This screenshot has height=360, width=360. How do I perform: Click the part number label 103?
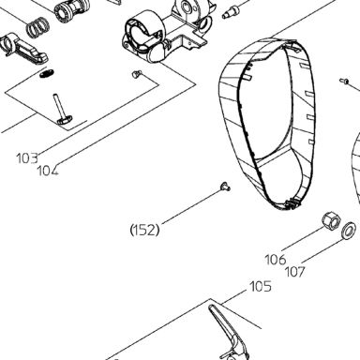point(27,158)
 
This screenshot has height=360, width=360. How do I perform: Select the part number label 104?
point(48,171)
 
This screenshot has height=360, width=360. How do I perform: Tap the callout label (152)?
point(144,231)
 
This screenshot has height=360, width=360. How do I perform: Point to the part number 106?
point(276,260)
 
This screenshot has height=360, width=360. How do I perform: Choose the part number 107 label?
point(294,272)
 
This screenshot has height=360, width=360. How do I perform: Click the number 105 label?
point(261,286)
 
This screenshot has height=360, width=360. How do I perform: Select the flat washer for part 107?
point(348,231)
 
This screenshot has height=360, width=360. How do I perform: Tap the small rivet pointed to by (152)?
point(225,187)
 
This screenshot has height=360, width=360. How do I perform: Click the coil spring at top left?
point(37,27)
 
